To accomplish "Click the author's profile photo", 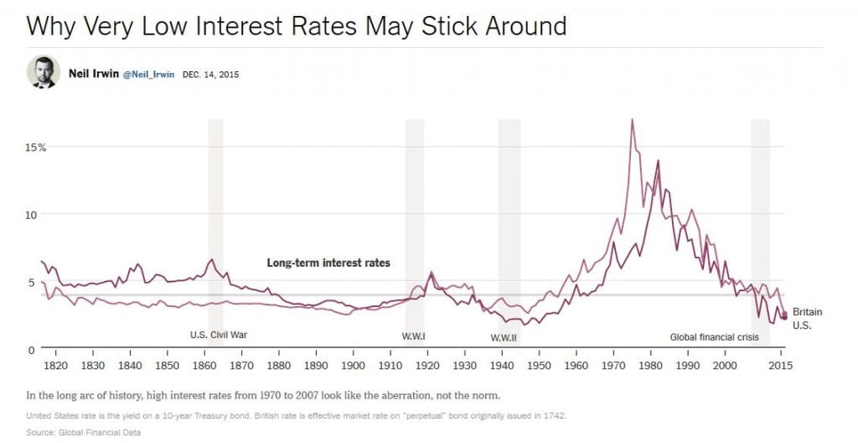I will pos(43,72).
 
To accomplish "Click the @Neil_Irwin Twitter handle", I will pos(149,74).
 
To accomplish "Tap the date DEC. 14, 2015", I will pos(210,74).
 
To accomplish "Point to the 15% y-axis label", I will pos(35,147).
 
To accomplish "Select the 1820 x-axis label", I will pos(55,366).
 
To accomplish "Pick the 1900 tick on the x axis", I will pos(353,366).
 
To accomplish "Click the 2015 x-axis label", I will pos(781,366).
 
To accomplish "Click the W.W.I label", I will pos(414,337).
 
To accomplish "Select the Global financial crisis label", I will pos(714,337).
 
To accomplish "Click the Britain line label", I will pos(807,312).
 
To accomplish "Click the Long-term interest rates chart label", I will pos(328,263).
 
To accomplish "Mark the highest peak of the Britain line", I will pos(632,120).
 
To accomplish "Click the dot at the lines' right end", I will pos(783,315).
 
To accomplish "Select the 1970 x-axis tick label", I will pos(613,366).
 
